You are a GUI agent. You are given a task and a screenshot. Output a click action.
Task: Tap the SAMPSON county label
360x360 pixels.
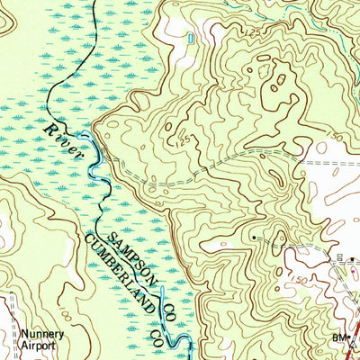[x=127, y=256]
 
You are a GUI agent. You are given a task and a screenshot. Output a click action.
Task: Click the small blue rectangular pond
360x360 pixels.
[x=191, y=38]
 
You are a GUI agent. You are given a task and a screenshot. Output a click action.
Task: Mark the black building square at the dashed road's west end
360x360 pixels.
[x=254, y=238]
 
